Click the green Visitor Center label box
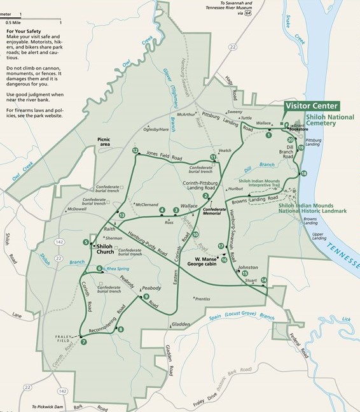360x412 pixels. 312,106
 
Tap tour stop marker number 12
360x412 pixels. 135,151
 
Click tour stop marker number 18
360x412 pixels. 304,173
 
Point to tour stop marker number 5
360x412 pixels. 86,241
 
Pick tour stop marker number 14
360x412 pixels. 263,280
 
